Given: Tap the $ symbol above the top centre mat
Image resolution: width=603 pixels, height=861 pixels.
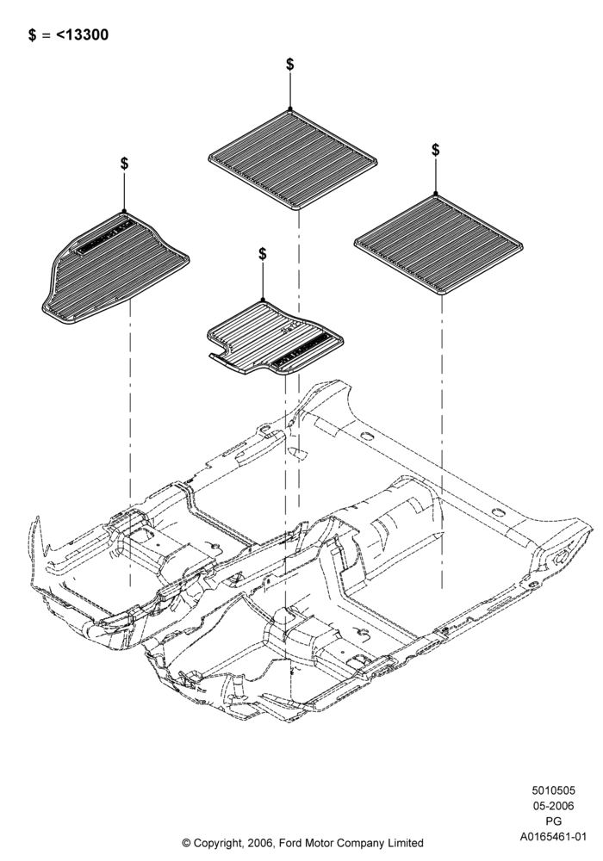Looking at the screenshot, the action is point(290,65).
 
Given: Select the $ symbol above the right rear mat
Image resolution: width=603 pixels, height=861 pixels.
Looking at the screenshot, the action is point(436,149).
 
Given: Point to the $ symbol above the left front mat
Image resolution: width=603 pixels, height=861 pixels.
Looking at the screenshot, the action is point(125,163).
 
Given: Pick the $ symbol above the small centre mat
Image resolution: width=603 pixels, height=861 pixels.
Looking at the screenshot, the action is point(263,254).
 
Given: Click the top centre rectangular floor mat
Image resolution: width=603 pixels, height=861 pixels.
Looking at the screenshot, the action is point(293,159).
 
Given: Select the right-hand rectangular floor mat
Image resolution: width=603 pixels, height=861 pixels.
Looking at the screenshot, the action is point(438,244).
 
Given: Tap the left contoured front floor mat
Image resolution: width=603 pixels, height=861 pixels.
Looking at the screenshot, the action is point(115,269).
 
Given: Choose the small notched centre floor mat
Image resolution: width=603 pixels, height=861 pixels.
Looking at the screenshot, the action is point(275,338).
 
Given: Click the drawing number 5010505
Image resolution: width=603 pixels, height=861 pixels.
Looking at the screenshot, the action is point(553,790).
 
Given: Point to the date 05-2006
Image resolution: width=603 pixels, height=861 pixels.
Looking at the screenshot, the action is point(553,806).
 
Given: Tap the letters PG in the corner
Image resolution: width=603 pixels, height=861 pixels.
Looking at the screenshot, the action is point(554,821).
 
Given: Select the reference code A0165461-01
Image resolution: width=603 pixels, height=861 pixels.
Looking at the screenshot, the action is point(554,837).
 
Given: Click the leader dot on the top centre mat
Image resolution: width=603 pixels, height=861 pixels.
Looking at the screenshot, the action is point(290,108).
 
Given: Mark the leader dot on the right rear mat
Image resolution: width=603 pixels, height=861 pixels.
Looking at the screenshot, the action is point(436,194).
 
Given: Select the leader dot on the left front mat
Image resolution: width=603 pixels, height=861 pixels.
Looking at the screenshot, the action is point(125,211).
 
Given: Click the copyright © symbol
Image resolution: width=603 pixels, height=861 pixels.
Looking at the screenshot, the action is point(186,843).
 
